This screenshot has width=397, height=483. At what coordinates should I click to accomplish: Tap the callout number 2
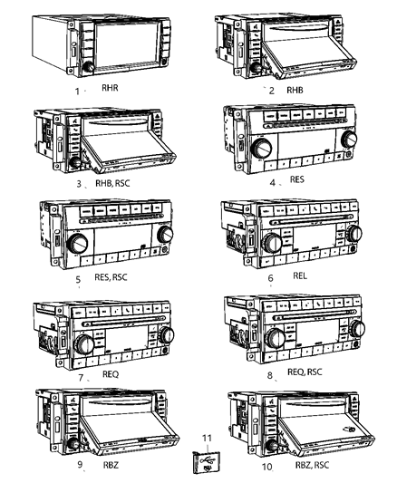(270, 91)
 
